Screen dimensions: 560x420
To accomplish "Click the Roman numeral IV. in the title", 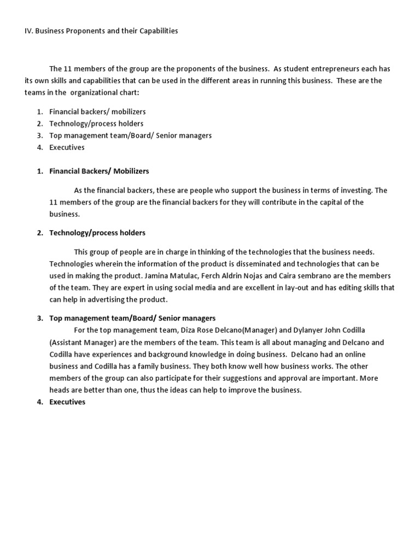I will click(x=29, y=31).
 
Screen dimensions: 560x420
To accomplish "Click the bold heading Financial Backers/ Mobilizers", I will click(x=99, y=171).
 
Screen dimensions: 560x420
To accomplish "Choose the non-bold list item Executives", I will click(x=67, y=147).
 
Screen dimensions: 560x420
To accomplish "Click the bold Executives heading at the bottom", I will click(x=67, y=402).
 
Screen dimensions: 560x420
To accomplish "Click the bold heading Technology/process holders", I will click(x=97, y=232).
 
